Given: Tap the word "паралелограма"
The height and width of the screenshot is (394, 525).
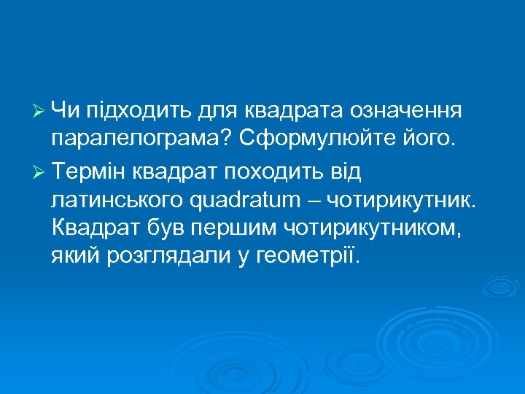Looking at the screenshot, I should pos(134,139).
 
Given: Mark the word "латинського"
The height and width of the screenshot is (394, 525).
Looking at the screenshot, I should pos(117,199).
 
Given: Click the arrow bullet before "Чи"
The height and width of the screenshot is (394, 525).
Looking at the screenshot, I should pos(40,111).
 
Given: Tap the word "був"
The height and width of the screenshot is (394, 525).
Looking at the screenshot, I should pos(165,228).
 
